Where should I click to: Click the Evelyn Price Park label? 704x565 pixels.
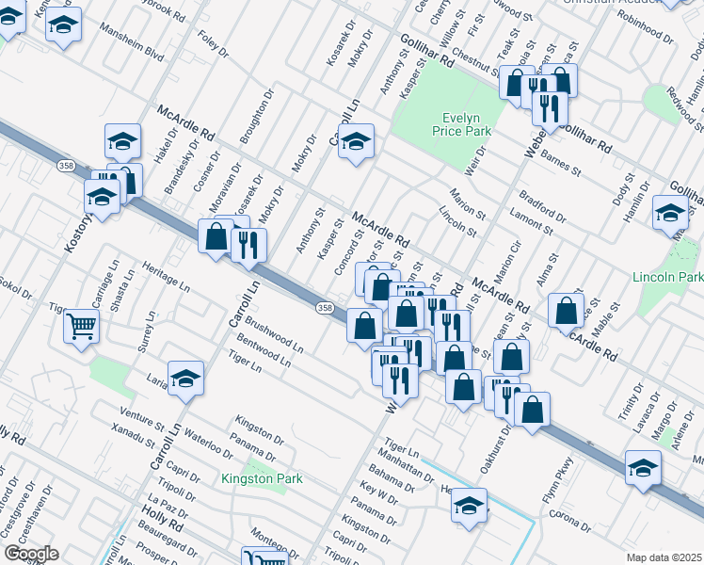click(462, 126)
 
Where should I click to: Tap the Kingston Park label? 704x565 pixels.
click(262, 478)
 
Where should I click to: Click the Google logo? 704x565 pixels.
click(30, 554)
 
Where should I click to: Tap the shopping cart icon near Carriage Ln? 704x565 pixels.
click(82, 327)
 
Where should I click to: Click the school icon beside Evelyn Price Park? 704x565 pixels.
click(356, 142)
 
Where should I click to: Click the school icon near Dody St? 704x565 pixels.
click(670, 213)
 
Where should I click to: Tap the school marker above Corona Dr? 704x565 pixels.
click(644, 467)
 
